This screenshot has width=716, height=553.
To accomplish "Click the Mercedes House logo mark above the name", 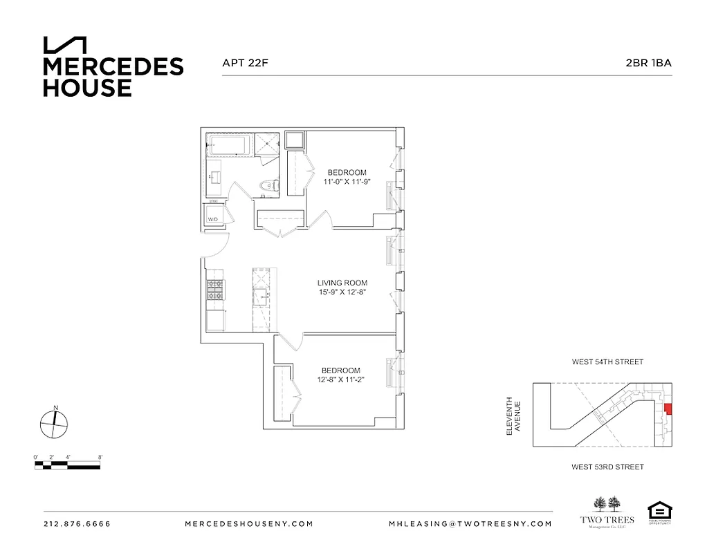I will tap(65, 45).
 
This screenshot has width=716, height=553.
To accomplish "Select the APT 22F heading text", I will tap(244, 63).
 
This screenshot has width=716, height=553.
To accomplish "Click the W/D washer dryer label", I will tap(213, 220).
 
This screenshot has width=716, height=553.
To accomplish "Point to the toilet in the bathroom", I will tap(269, 185).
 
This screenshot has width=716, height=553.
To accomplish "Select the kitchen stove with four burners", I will tap(215, 290).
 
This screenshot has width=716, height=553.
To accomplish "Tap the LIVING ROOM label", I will tap(342, 283).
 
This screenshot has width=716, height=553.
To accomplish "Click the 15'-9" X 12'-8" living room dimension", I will tap(342, 292).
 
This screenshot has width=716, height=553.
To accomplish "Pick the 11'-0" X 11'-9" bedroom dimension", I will tap(347, 182).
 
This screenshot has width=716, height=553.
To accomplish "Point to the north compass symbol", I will tap(54, 422).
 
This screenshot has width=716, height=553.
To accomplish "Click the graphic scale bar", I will tap(67, 466).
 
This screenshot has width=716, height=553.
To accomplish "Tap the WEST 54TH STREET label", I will tap(607, 362).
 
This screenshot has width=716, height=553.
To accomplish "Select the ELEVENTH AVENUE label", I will tap(513, 415).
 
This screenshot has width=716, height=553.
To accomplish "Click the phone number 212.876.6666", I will tap(77, 524).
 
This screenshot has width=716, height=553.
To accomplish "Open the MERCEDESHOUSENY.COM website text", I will tap(249, 524).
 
